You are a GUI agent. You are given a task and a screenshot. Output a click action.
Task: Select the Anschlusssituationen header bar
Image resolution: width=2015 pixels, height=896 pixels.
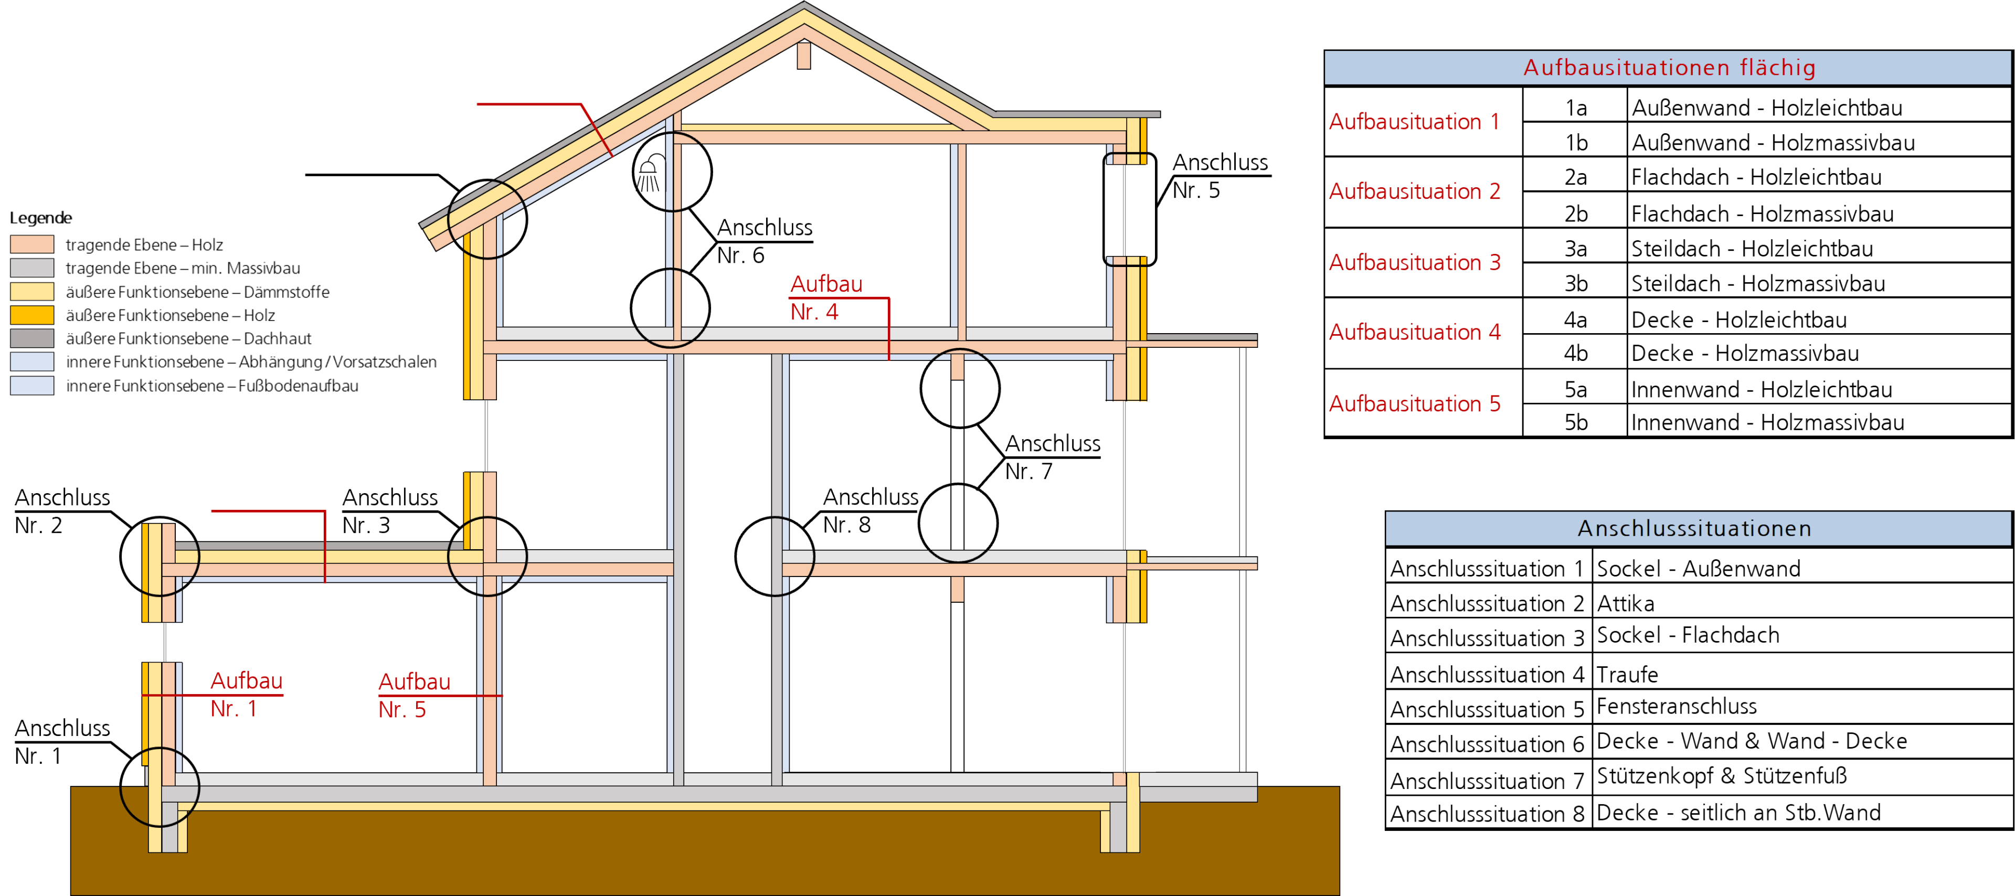click(1694, 529)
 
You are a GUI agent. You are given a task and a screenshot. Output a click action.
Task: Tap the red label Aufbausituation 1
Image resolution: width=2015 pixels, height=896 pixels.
click(1414, 122)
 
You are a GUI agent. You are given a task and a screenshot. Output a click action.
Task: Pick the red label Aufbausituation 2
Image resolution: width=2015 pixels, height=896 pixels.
click(1414, 191)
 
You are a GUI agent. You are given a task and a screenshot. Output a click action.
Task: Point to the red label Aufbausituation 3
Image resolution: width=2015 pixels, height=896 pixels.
click(1414, 263)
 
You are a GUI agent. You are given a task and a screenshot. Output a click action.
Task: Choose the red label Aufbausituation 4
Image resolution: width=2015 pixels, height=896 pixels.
click(1414, 332)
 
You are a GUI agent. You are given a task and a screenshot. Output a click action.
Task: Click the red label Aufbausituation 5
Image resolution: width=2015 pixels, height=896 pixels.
click(1414, 404)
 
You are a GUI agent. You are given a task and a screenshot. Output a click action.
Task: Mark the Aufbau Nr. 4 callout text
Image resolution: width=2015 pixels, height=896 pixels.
click(825, 298)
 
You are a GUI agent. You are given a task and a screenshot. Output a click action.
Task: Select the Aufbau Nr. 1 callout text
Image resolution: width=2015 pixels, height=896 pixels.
click(246, 694)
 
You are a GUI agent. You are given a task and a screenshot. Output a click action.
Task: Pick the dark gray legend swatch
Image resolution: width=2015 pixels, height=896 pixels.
click(32, 338)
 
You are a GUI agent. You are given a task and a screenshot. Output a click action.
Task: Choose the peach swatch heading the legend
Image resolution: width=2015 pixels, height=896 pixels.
click(32, 244)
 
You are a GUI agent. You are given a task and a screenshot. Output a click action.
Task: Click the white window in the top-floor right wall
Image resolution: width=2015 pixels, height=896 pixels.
click(1126, 209)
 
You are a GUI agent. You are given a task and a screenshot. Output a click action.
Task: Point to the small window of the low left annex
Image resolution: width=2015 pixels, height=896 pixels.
click(164, 643)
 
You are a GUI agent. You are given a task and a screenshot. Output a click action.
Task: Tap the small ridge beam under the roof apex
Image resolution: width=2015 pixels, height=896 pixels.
click(803, 56)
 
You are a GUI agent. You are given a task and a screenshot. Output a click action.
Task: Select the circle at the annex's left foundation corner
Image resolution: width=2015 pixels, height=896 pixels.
click(160, 786)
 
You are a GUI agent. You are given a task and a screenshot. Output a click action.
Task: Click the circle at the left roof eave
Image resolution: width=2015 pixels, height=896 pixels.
click(486, 220)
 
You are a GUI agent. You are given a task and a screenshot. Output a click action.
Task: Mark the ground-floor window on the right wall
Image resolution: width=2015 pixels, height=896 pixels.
click(1127, 697)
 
